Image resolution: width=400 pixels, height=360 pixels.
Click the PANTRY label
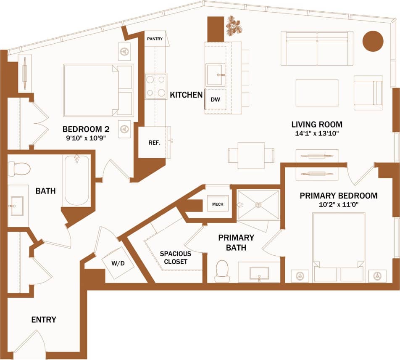tap(155, 39)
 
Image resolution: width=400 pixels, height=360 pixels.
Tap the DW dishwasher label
tap(215, 100)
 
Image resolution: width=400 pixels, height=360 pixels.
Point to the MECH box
tap(218, 204)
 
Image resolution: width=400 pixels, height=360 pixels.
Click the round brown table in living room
tap(373, 41)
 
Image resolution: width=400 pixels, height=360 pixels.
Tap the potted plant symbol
tap(234, 26)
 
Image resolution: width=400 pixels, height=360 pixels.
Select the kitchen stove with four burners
tap(155, 86)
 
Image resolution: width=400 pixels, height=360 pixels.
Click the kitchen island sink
tap(216, 75)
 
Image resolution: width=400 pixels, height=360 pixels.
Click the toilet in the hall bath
tap(19, 169)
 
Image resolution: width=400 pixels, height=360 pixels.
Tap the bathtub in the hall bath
tap(77, 180)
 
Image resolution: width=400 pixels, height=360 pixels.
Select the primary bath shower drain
tap(258, 205)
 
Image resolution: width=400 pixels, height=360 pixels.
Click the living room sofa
tap(317, 48)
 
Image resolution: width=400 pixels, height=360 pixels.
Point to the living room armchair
tap(368, 93)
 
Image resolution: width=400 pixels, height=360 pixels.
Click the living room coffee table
tap(317, 93)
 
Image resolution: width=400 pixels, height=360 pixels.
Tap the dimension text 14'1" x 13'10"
tap(317, 134)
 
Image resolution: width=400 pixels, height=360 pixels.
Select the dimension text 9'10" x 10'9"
tap(82, 138)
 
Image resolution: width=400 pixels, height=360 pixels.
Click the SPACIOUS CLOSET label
tap(176, 257)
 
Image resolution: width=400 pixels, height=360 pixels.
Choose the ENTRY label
tap(44, 320)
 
